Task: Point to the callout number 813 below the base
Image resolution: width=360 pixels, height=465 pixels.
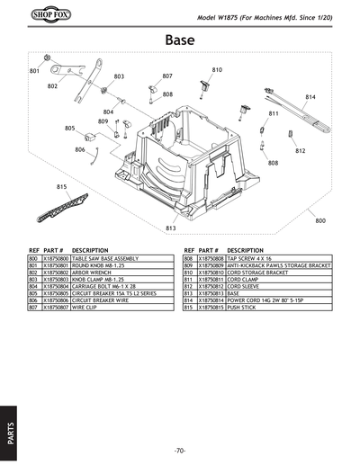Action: pos(170,228)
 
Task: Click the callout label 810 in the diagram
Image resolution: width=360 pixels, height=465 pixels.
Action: pos(217,69)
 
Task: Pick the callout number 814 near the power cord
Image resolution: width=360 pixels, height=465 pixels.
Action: pos(310,96)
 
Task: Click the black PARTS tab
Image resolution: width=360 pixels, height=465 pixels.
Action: pos(9,423)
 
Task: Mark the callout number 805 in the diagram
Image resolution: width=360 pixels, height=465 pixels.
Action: pos(69,129)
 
